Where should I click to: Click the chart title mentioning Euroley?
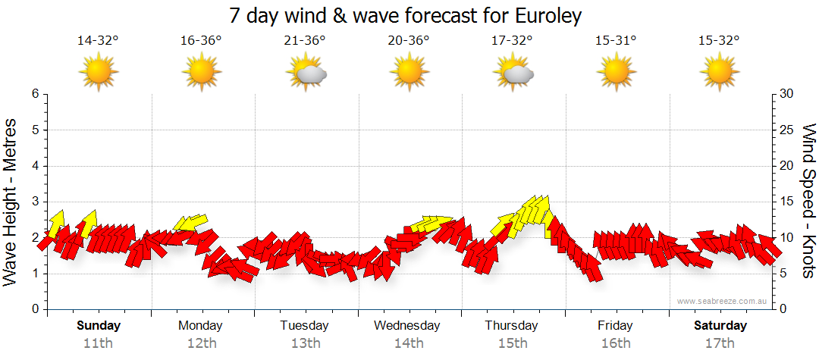tap(409, 16)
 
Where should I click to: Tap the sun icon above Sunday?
tap(98, 72)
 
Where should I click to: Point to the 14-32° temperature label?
tap(98, 41)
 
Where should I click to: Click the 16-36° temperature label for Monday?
tap(201, 41)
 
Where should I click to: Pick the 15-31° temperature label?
tap(615, 41)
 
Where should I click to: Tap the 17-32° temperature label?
tap(512, 41)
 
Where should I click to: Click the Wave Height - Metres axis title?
tap(11, 202)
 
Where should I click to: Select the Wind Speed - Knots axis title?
tap(808, 202)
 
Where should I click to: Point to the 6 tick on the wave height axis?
tap(35, 94)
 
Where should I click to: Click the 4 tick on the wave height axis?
tap(35, 166)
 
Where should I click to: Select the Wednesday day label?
tap(407, 326)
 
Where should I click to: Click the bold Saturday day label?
tap(720, 326)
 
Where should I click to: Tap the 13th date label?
tap(305, 343)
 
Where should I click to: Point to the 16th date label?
tap(615, 343)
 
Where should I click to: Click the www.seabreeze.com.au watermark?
tap(723, 302)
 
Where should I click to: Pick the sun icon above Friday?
tap(615, 72)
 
